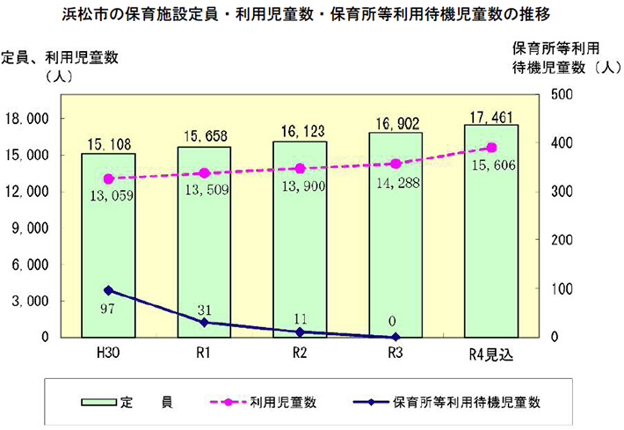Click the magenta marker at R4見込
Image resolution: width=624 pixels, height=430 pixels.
pyautogui.click(x=491, y=148)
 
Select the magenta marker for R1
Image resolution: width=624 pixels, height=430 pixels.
pyautogui.click(x=204, y=173)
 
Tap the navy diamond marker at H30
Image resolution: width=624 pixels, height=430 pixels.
pyautogui.click(x=108, y=290)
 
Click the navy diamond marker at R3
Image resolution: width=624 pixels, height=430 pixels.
pyautogui.click(x=395, y=337)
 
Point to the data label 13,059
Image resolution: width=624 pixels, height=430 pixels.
pyautogui.click(x=109, y=195)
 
